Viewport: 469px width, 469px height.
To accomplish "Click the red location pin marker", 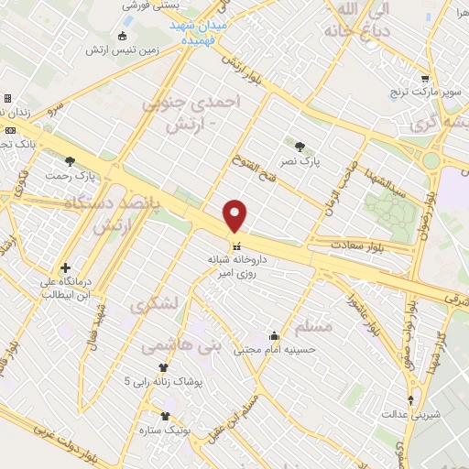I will pyautogui.click(x=235, y=216).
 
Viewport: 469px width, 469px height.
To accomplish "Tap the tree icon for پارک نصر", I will pyautogui.click(x=300, y=145).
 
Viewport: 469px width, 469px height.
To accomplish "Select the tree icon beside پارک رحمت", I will pyautogui.click(x=71, y=161).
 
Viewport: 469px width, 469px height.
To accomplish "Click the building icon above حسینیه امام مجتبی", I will pyautogui.click(x=273, y=334).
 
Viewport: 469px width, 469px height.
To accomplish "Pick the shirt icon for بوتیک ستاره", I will pyautogui.click(x=165, y=415).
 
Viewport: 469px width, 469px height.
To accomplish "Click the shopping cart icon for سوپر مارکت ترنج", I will pyautogui.click(x=423, y=80).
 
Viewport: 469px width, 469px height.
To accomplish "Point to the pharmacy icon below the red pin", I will pyautogui.click(x=236, y=246).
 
